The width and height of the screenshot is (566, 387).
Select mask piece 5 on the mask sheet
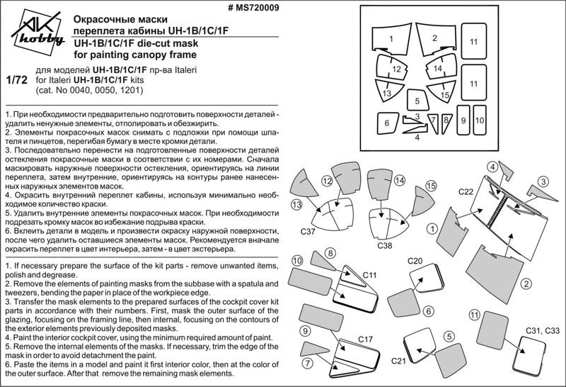click(x=417, y=101)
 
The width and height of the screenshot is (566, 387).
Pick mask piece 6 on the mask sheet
click(x=388, y=123)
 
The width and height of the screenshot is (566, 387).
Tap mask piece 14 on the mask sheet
click(x=437, y=69)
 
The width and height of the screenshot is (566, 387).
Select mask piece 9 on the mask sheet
click(x=463, y=120)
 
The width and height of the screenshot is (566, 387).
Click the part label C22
click(x=466, y=191)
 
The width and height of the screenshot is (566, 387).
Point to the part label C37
click(x=307, y=232)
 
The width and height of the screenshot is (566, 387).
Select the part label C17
click(x=365, y=340)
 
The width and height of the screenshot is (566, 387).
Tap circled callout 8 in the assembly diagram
click(x=330, y=252)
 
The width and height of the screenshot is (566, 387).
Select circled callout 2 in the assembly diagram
click(x=526, y=284)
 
